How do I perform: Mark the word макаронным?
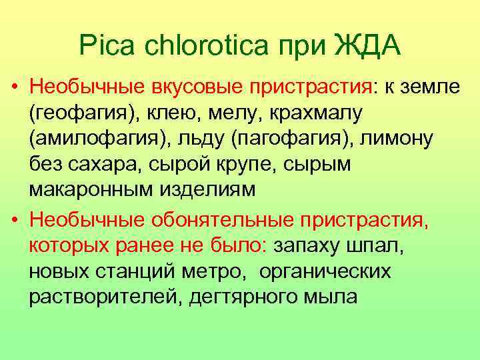pos(91,189)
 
